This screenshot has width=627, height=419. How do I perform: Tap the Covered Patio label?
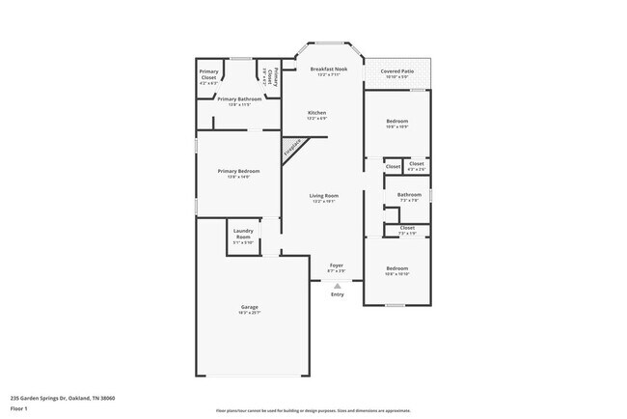[396, 71]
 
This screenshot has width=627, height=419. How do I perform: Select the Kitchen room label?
[316, 114]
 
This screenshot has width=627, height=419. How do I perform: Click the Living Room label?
[323, 198]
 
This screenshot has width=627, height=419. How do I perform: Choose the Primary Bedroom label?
[238, 173]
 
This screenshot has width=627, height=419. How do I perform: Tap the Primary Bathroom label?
[239, 100]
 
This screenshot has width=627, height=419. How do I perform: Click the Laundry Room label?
[242, 237]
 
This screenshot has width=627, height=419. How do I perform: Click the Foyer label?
[337, 266]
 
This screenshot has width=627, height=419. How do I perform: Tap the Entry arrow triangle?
[337, 286]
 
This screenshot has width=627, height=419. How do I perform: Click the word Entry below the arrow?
[337, 294]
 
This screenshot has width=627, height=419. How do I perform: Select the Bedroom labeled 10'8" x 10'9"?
[396, 124]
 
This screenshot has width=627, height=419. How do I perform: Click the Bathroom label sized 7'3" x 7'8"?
[407, 196]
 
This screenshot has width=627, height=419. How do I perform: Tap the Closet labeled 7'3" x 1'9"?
[407, 230]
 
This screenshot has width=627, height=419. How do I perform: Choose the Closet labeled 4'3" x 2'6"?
[417, 166]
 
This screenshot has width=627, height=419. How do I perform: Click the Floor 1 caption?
[20, 408]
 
